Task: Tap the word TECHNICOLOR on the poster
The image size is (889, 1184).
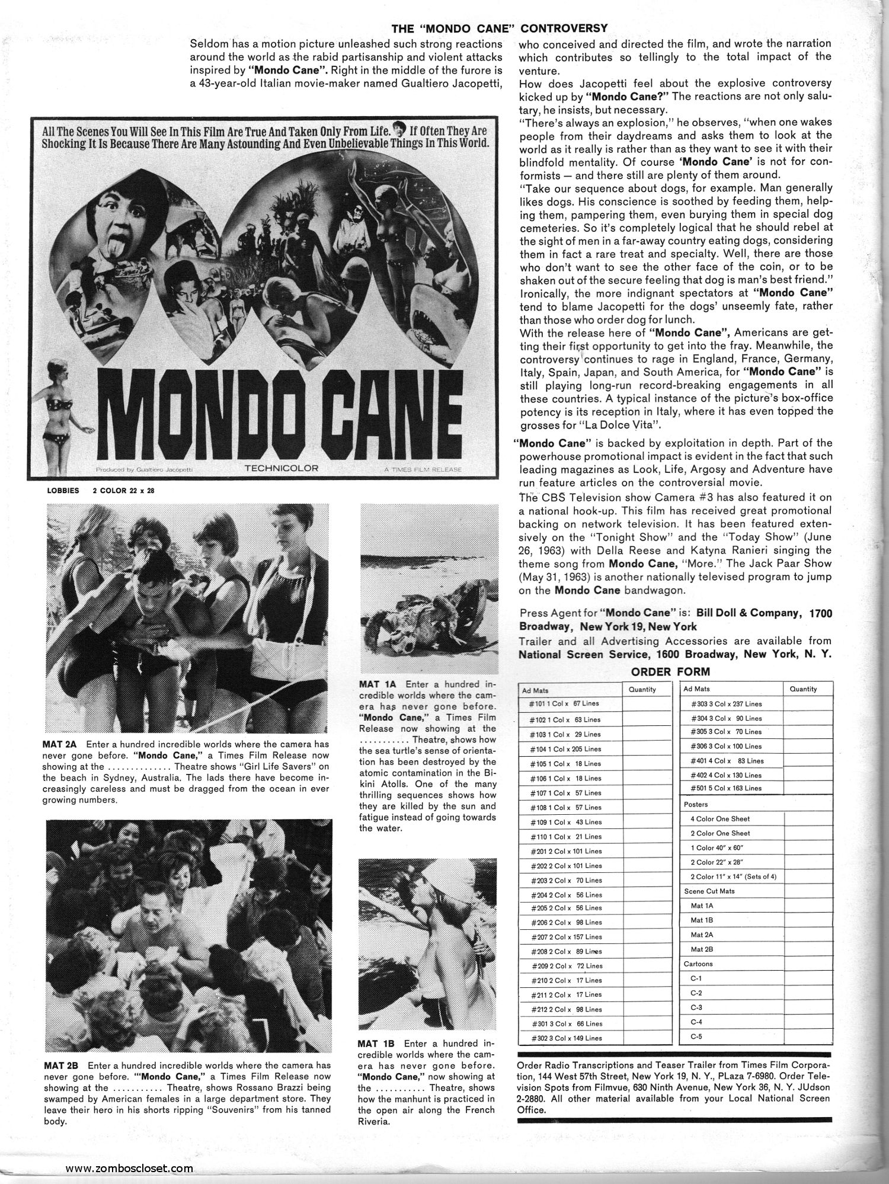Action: click(x=281, y=468)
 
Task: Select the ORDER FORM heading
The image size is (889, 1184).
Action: click(x=670, y=672)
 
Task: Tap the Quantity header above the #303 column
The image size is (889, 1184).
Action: click(x=804, y=689)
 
